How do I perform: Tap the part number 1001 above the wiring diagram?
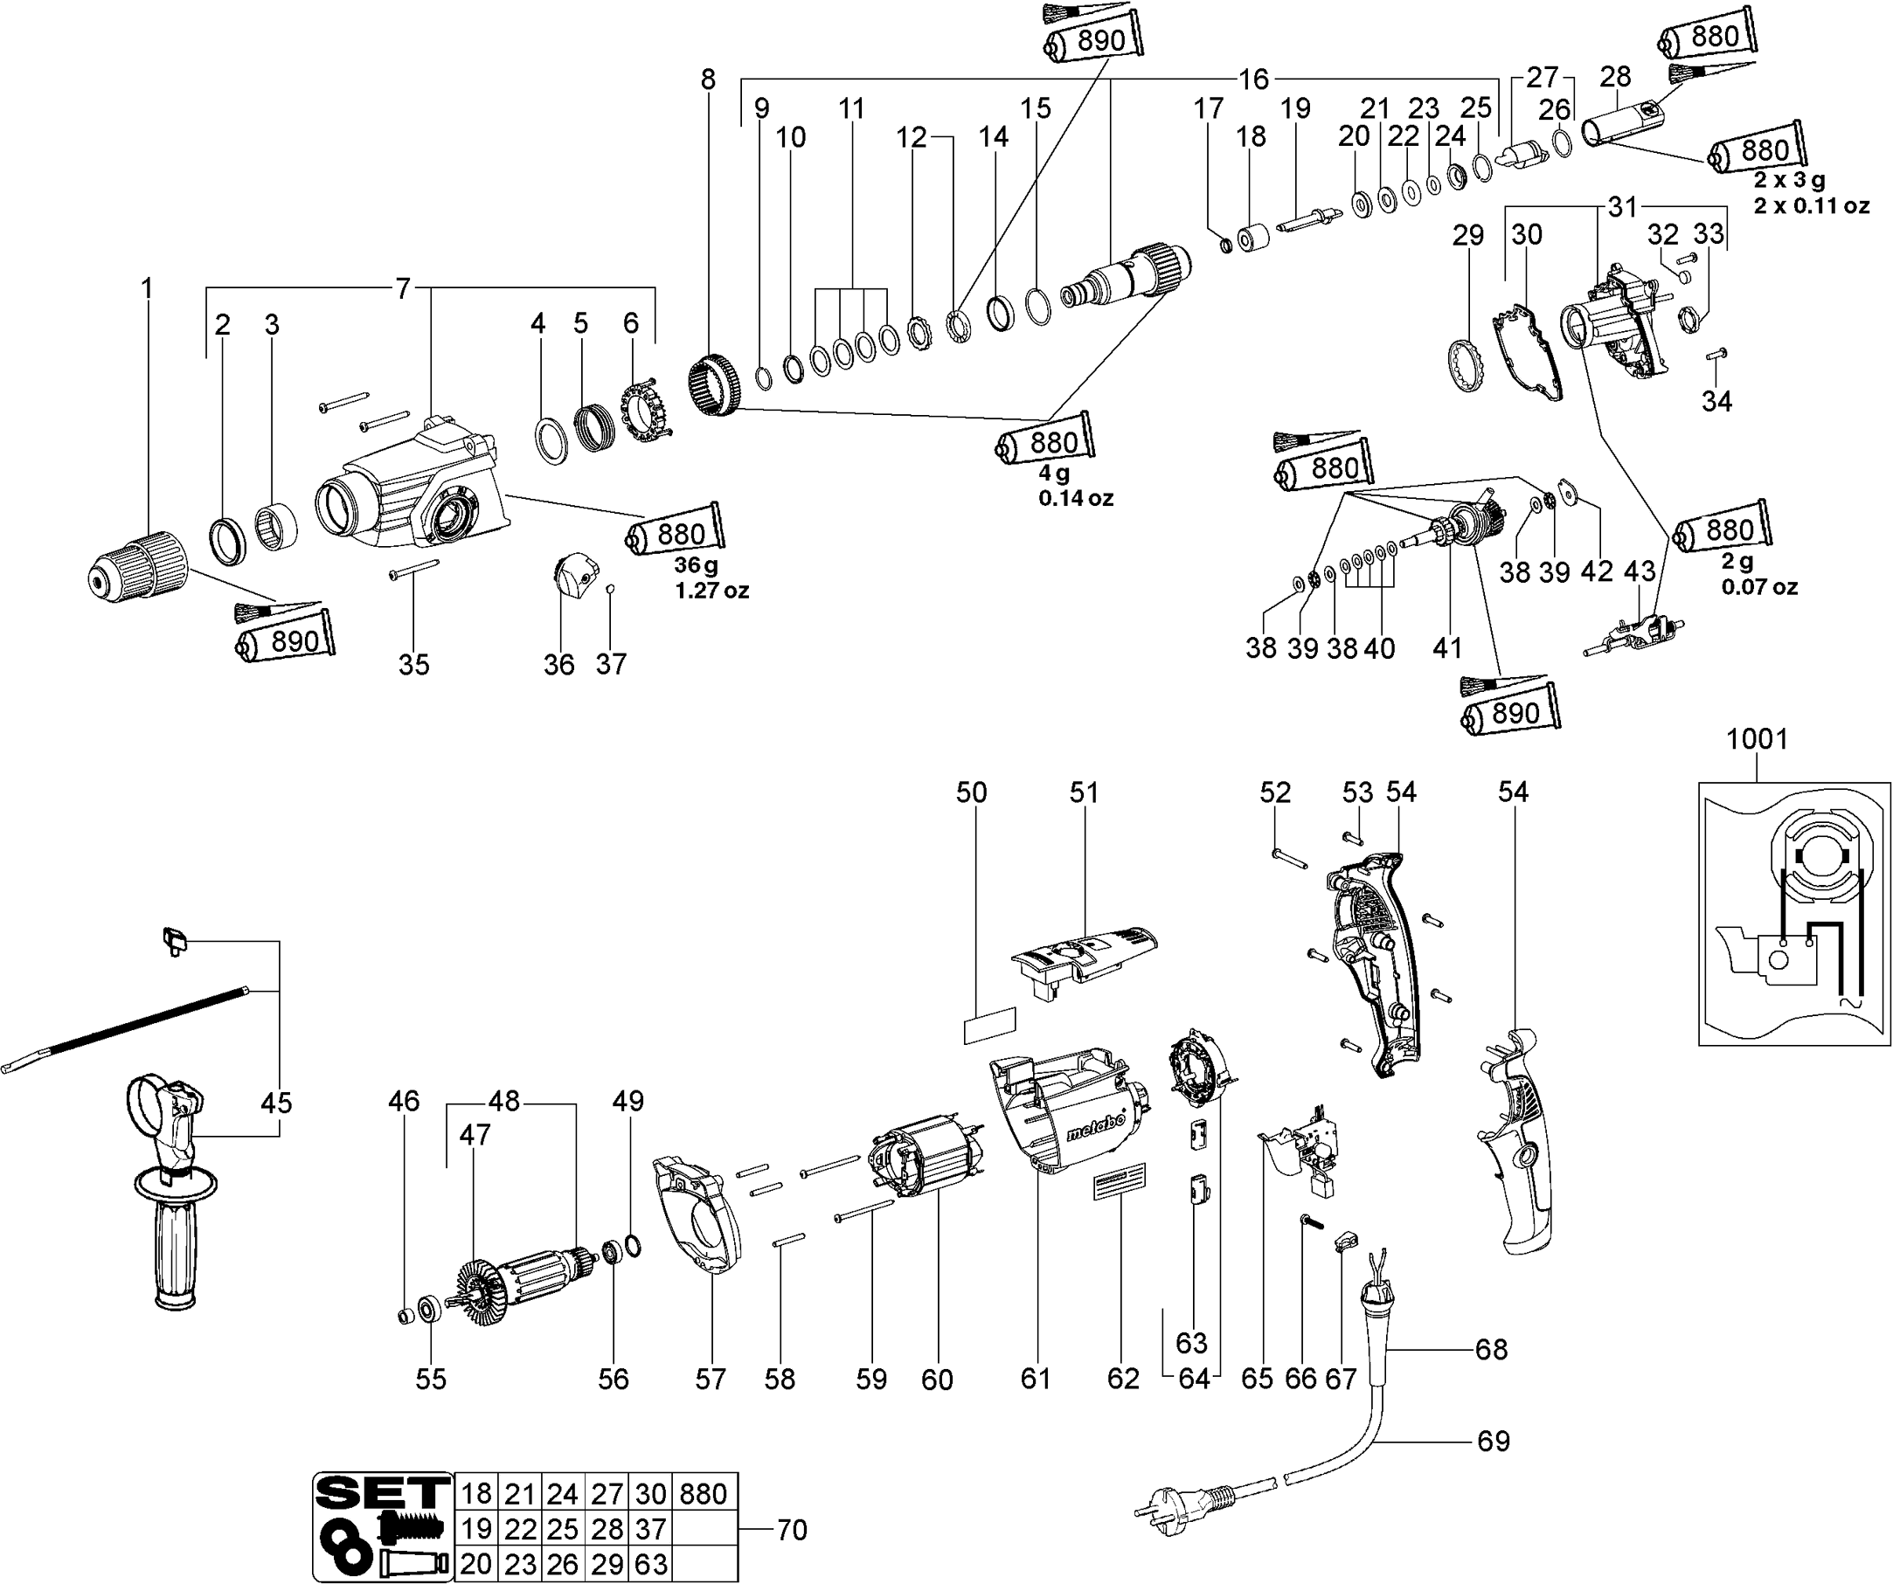1756,739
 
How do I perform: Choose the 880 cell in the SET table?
704,1494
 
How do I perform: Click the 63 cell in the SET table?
652,1563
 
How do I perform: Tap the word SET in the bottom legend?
382,1493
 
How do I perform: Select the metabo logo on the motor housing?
1096,1125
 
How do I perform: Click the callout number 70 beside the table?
792,1529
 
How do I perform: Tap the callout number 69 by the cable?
1493,1441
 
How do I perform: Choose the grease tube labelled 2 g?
1723,529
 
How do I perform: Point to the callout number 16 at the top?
1253,80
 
